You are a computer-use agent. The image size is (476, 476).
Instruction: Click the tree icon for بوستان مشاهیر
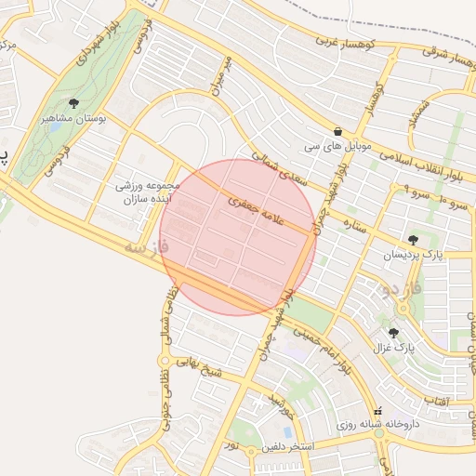point(73,104)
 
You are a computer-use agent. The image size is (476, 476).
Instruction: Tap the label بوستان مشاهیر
point(75,120)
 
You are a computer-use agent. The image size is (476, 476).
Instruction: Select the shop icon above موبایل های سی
point(336,132)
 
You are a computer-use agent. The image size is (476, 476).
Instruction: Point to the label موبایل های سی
point(335,148)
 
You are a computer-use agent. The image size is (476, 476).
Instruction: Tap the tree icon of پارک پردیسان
point(413,239)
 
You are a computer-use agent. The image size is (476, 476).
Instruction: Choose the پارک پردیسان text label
point(414,254)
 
